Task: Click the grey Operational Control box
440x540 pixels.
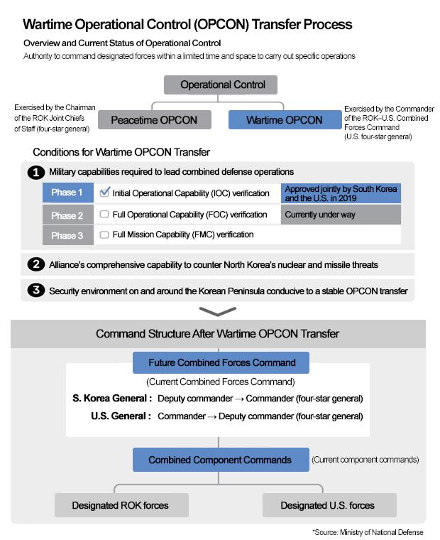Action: pos(223,85)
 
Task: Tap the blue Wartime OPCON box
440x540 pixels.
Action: pos(284,120)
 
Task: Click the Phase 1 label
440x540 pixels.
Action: pos(67,193)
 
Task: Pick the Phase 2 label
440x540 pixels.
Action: pos(67,215)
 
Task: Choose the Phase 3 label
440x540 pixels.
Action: pos(67,235)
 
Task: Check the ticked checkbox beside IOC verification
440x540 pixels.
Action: pos(104,193)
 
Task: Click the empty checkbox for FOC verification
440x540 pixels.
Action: pos(104,215)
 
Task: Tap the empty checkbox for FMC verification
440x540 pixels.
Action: pos(104,234)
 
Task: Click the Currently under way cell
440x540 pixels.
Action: pos(341,215)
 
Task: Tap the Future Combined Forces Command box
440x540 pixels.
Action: pos(221,362)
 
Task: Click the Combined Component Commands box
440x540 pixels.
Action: pos(220,460)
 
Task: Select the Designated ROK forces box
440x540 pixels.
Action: pos(120,505)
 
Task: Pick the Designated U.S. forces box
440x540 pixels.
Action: pos(328,505)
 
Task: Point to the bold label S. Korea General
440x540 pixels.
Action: pos(112,399)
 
